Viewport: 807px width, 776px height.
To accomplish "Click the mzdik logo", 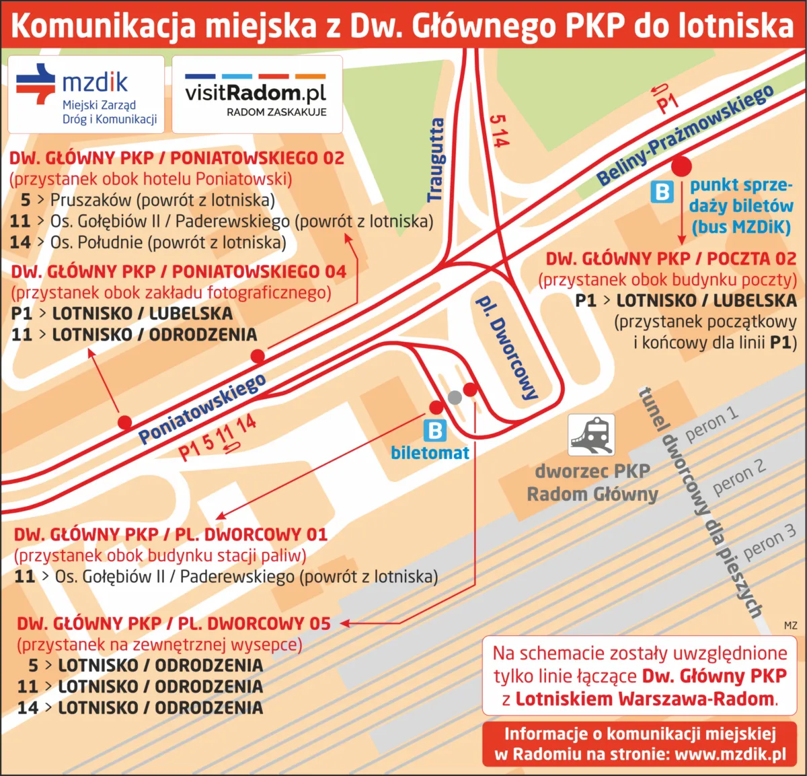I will click(x=85, y=94).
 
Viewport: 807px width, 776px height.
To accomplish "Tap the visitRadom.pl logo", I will click(x=256, y=94).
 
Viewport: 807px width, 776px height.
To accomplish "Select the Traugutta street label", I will click(x=436, y=160).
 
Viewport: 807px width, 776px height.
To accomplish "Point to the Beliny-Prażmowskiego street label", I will click(x=685, y=135).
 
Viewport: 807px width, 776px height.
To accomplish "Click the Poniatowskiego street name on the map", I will click(x=202, y=409).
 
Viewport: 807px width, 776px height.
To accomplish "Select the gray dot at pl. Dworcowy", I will click(x=455, y=397).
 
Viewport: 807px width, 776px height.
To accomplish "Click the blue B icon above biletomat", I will click(x=435, y=431).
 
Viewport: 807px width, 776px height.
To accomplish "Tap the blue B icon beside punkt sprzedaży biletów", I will click(x=662, y=192).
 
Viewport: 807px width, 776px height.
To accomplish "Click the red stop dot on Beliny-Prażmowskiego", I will click(x=682, y=166).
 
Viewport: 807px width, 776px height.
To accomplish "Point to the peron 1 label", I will click(x=711, y=424).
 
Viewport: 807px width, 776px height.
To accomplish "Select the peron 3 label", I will click(x=769, y=542).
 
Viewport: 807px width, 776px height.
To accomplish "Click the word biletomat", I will click(x=430, y=453).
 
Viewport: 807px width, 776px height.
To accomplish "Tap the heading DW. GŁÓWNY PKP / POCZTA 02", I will click(x=670, y=259).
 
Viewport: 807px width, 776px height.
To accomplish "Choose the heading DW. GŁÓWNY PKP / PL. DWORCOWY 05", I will click(x=174, y=624).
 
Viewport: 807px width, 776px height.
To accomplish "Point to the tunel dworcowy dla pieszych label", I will click(x=699, y=501).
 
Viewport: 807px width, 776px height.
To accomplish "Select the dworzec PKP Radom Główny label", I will click(x=592, y=483).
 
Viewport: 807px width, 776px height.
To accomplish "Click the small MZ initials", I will click(x=790, y=625).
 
